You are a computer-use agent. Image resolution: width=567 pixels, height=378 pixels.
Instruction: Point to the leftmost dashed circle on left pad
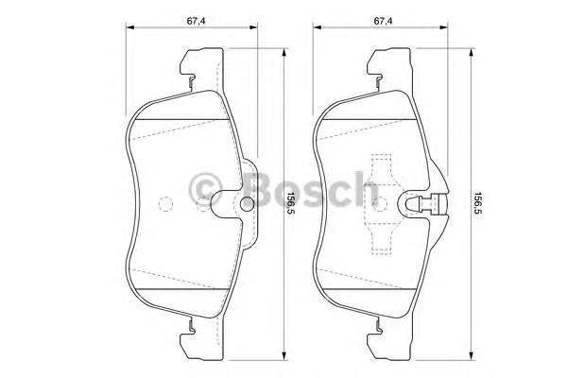click(x=165, y=203)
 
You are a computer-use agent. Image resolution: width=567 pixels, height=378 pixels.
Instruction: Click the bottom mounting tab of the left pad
click(x=187, y=334)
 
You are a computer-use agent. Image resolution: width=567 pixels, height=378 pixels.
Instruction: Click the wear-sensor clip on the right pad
click(x=427, y=204)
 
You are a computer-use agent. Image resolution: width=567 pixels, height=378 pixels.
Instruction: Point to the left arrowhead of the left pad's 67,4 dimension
click(x=129, y=30)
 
